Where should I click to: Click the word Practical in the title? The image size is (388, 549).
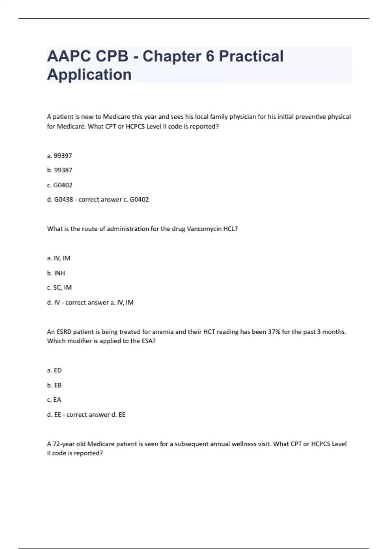click(251, 56)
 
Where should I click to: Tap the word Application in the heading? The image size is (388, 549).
click(89, 75)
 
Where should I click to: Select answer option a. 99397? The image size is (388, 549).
click(59, 156)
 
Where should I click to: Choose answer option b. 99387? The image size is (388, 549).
click(59, 170)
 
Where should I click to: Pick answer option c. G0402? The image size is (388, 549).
click(59, 185)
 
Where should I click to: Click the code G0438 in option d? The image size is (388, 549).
click(63, 200)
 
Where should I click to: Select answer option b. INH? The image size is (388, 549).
click(56, 273)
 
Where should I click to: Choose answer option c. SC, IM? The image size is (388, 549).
click(59, 287)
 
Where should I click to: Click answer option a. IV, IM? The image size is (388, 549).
click(59, 258)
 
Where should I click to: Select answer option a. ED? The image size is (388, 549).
click(54, 370)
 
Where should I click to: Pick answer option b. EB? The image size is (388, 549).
click(54, 385)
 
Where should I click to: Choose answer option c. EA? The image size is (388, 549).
click(54, 400)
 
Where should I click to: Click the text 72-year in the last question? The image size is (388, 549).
click(64, 444)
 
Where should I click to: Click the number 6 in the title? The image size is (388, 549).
click(210, 56)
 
